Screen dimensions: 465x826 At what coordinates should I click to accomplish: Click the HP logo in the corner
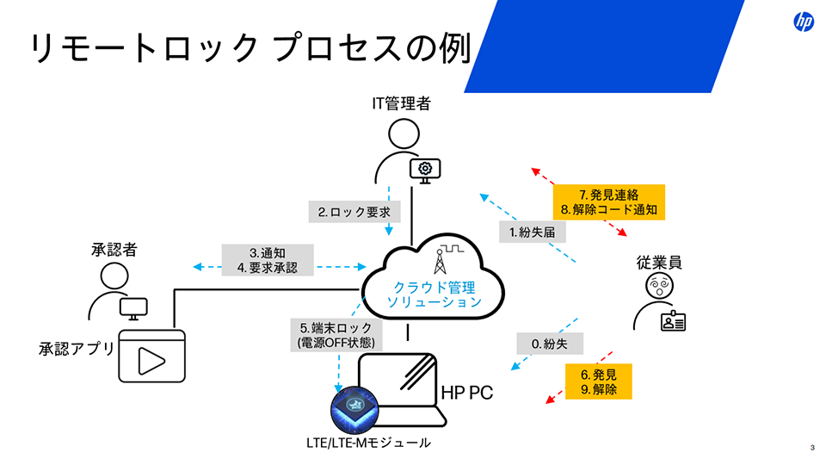tap(803, 22)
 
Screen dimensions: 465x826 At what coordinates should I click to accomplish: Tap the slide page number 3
tap(812, 446)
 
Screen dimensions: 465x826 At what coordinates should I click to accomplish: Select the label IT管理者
tap(401, 104)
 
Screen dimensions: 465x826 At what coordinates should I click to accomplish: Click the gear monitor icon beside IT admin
tap(424, 170)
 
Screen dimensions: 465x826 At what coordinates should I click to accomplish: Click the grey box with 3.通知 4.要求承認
tap(268, 260)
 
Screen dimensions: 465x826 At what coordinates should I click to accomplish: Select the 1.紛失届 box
tap(531, 231)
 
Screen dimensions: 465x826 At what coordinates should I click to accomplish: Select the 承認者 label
tap(114, 250)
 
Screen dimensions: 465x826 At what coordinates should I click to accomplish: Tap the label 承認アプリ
tap(77, 348)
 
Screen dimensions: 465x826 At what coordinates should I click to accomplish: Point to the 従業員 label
tap(659, 263)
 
